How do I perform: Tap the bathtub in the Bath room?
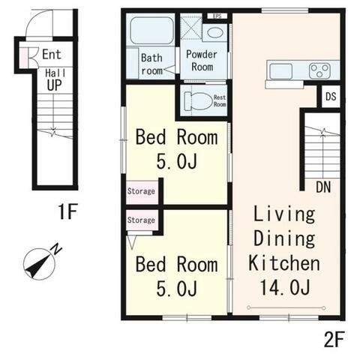pos(152,30)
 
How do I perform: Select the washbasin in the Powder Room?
pos(215,33)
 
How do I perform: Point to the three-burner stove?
pos(319,70)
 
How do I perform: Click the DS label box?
pos(331,97)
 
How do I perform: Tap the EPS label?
pos(217,16)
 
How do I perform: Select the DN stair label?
pos(323,187)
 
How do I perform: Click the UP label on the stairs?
pos(54,85)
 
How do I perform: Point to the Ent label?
pos(52,54)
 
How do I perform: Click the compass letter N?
pos(57,249)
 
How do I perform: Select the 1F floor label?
pos(67,211)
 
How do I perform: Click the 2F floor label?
pos(334,339)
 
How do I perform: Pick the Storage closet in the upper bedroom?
pos(142,192)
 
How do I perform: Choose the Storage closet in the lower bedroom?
pos(142,220)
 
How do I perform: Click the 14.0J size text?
pos(285,287)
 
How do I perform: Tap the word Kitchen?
pos(284,263)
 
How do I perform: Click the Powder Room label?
pos(202,61)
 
